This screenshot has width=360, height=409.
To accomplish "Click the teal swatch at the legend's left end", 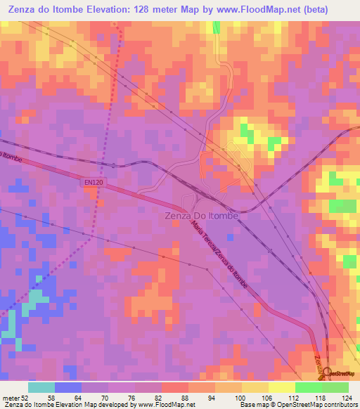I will tap(41, 387).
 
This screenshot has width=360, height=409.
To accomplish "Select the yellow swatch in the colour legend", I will tap(282, 387).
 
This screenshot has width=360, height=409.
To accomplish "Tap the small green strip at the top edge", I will tap(217, 27).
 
